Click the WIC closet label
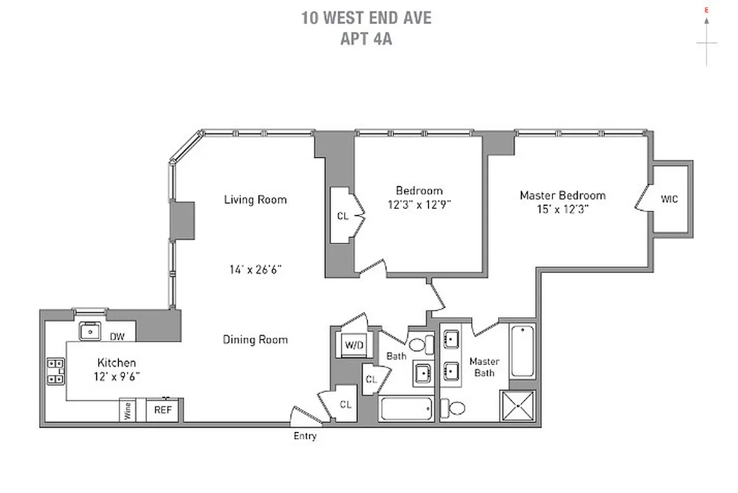coord(669,198)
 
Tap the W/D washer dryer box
coord(354,345)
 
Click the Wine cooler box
coord(128,410)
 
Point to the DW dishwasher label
coord(118,336)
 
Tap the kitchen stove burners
coord(55,371)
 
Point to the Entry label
coord(305,436)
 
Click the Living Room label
coord(255,200)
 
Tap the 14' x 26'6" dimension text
coord(255,269)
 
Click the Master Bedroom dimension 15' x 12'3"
coord(562,209)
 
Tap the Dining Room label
coord(255,340)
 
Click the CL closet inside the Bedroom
coord(342,216)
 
